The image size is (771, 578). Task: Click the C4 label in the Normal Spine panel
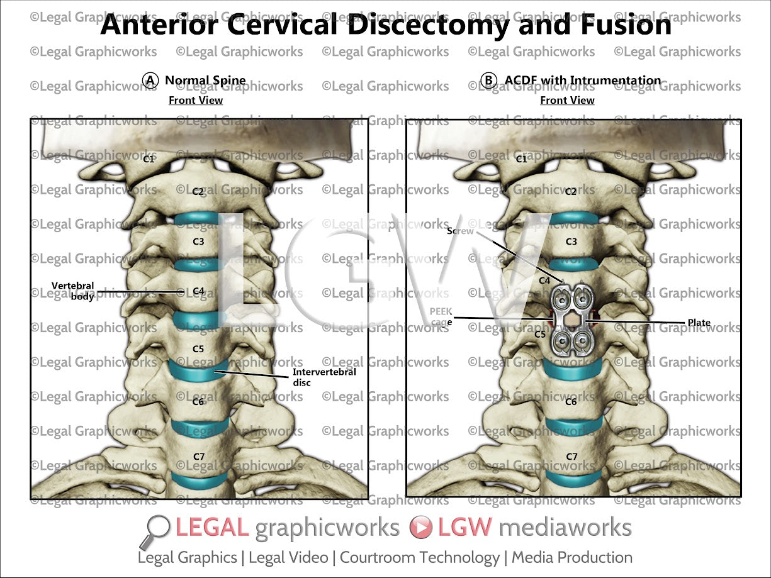pos(198,291)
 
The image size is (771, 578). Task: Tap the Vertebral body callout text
pos(73,291)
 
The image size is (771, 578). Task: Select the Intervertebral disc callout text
pos(324,376)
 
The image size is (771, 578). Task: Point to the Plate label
pos(699,323)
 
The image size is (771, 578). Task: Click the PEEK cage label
pos(441,316)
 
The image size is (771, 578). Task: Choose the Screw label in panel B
pos(460,231)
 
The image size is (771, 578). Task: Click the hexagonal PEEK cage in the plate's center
pos(571,321)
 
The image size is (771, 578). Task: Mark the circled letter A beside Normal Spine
pos(150,81)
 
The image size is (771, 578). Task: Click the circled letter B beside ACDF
pos(488,81)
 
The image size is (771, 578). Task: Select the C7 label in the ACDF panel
pos(571,456)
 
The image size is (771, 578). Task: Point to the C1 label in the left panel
pos(149,159)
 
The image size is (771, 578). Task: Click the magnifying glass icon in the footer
pos(158,530)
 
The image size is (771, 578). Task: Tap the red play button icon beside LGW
pos(420,528)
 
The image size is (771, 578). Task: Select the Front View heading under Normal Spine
pos(196,100)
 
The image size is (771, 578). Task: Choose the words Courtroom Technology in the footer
pos(419,557)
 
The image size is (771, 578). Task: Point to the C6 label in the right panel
pos(571,401)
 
